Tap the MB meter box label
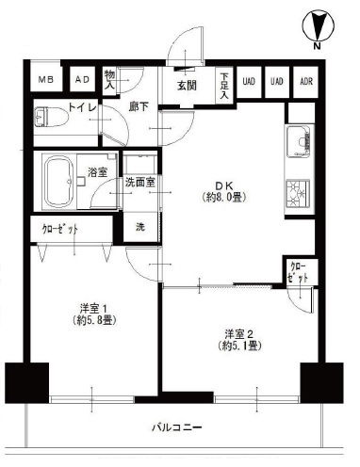tap(46, 80)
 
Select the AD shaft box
tap(82, 80)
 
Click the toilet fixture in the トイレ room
tap(52, 117)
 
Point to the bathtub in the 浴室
tap(59, 182)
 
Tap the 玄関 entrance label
tap(187, 86)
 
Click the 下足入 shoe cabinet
tap(224, 85)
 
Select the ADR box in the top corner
tap(306, 82)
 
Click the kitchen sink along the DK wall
tap(300, 141)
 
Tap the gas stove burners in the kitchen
tap(298, 194)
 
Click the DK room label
tap(223, 185)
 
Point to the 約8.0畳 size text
tap(223, 197)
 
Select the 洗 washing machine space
tap(140, 227)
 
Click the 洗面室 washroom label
tap(139, 182)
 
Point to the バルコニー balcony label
tap(176, 427)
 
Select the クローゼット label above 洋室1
tap(60, 230)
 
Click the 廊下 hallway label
tap(139, 107)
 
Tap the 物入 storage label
tap(109, 80)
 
